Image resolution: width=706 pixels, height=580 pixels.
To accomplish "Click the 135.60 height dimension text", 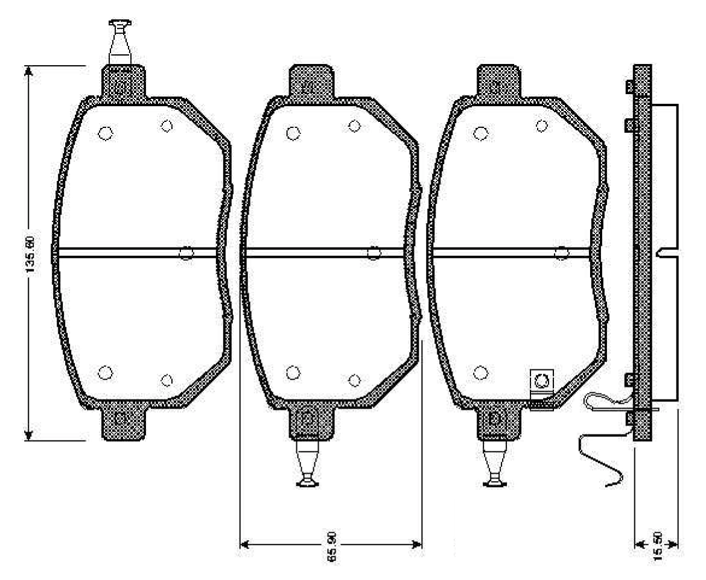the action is (x=30, y=254).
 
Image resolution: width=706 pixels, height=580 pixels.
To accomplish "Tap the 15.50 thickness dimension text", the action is (x=658, y=546).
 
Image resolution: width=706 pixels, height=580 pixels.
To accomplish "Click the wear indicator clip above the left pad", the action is (x=119, y=42).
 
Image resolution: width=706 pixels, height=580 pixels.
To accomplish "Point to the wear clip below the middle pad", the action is (x=308, y=464).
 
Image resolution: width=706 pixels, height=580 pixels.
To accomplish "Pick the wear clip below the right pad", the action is (x=495, y=464).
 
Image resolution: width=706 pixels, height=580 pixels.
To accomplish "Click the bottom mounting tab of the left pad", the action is (x=123, y=423).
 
